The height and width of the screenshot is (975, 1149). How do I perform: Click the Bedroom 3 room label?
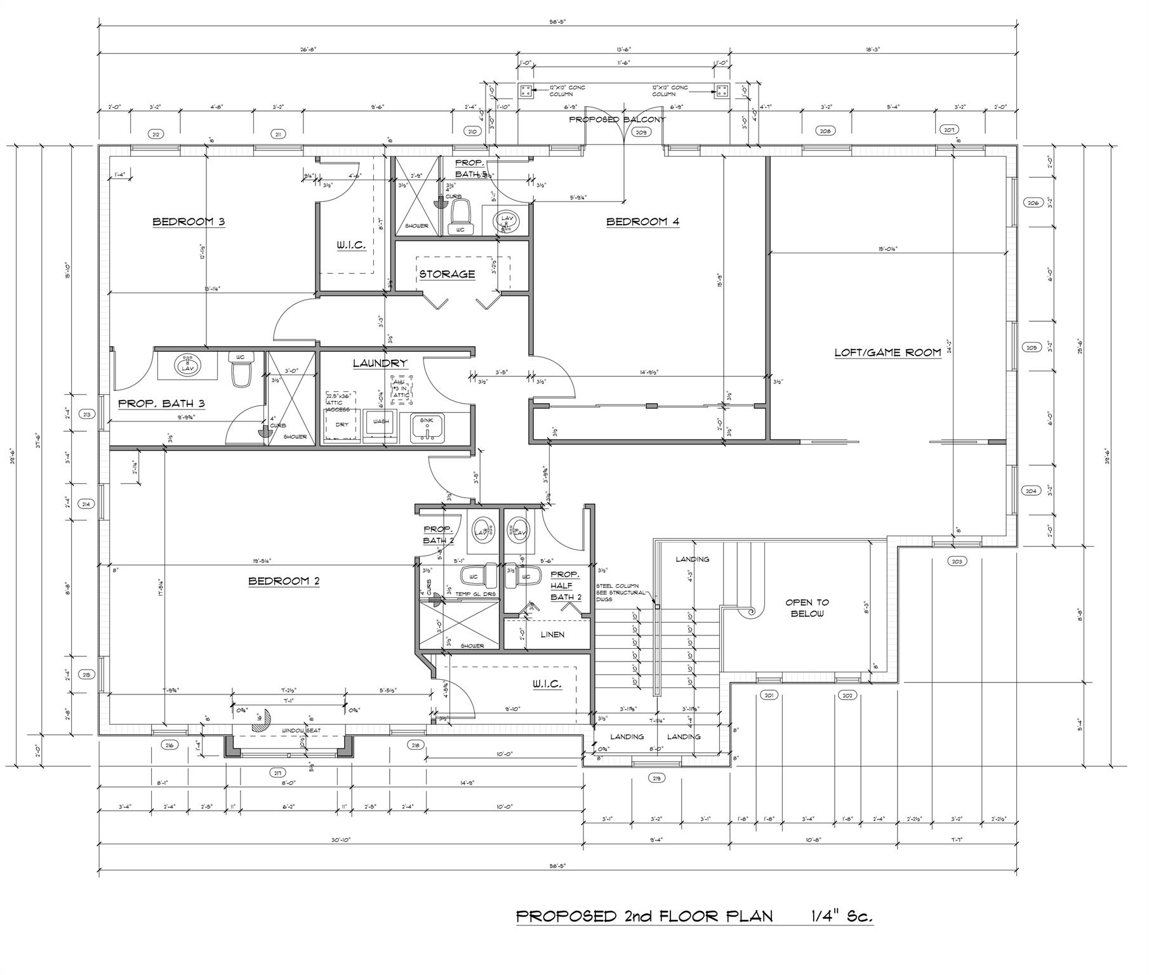tap(189, 222)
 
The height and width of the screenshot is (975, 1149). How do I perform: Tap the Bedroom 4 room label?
tap(642, 222)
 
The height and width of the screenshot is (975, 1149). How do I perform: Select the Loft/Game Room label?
tap(887, 352)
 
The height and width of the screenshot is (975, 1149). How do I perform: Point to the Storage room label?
tap(447, 274)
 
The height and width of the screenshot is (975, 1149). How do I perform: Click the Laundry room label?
tap(379, 363)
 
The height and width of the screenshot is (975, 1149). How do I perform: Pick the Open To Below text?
tap(807, 607)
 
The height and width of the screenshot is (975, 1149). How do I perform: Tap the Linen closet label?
tap(552, 634)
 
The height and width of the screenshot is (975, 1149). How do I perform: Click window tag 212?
tap(155, 134)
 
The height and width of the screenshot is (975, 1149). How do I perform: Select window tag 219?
tap(656, 778)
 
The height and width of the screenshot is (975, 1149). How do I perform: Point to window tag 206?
tap(1032, 202)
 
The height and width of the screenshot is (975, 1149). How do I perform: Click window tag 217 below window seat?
tap(277, 773)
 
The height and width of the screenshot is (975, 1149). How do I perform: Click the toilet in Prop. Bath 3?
tap(241, 373)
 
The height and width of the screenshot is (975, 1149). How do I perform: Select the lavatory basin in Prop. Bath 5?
tap(507, 221)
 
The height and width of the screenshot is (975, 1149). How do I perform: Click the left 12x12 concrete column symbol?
tap(526, 91)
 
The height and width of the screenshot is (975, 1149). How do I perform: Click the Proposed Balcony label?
tap(616, 119)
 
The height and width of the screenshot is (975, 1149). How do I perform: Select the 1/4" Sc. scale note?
tap(841, 916)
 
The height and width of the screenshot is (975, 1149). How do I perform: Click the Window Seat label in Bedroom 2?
tap(301, 731)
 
